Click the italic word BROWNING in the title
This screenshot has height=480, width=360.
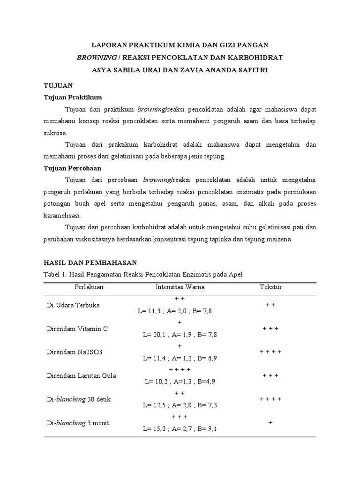coord(96,58)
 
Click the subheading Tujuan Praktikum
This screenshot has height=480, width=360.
coord(73,97)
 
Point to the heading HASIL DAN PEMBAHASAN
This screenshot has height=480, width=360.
coord(90,262)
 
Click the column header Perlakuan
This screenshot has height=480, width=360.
coord(89,286)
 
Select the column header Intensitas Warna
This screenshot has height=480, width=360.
coord(180,286)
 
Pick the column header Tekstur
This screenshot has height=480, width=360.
coord(270,286)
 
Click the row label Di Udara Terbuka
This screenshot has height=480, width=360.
coord(73,305)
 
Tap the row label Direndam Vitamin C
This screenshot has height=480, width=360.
coord(77,329)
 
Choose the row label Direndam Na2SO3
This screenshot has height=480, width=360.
coord(73,352)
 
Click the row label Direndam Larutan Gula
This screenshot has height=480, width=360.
coord(82,375)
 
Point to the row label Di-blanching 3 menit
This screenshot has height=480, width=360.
coord(78,422)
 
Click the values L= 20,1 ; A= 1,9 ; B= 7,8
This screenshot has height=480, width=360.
coord(180,335)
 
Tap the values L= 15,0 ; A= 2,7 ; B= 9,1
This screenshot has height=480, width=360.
coord(180,428)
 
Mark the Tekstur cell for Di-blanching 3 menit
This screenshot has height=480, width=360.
coord(270,422)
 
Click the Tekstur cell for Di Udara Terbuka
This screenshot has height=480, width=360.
coord(270,305)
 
